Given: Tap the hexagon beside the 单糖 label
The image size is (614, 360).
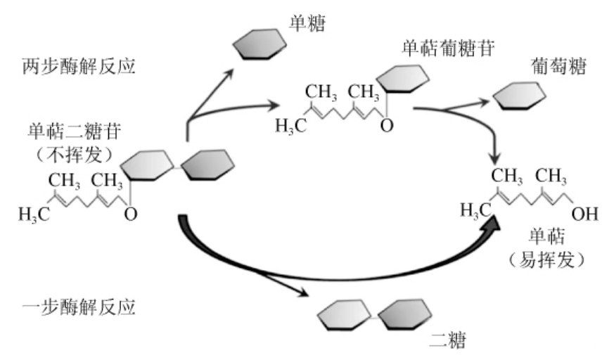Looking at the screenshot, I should [260, 44].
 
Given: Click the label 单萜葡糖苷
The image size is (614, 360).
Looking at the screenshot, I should [448, 49].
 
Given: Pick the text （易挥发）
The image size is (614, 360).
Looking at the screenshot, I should [546, 259].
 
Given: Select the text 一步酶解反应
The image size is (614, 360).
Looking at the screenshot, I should [78, 307].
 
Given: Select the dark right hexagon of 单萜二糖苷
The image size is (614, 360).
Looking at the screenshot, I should [207, 165].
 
